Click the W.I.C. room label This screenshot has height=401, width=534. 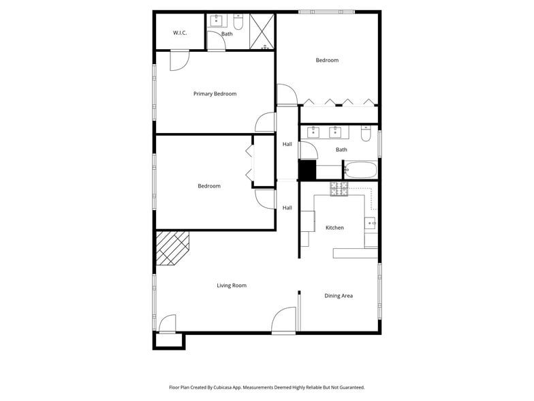click(x=180, y=33)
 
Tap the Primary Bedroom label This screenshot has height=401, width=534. click(x=215, y=94)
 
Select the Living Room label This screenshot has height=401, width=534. click(x=232, y=286)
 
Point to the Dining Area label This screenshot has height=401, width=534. click(x=339, y=296)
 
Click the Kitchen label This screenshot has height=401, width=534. click(x=334, y=228)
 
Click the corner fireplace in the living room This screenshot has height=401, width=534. click(x=171, y=246)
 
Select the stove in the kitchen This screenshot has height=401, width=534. click(x=339, y=190)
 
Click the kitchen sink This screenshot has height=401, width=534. click(x=371, y=222)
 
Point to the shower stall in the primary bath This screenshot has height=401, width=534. click(x=262, y=31)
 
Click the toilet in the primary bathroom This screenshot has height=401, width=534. click(x=238, y=18)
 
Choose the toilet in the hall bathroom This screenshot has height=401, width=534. click(x=366, y=134)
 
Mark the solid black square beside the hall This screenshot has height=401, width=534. click(x=307, y=170)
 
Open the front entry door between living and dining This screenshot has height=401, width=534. click(x=284, y=321)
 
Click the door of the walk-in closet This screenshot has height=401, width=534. click(x=179, y=61)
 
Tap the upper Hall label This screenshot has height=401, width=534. click(x=287, y=144)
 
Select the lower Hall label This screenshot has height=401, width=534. click(x=287, y=208)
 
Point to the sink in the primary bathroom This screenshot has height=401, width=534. click(x=216, y=20)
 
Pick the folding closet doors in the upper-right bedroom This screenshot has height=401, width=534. click(x=339, y=103)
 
